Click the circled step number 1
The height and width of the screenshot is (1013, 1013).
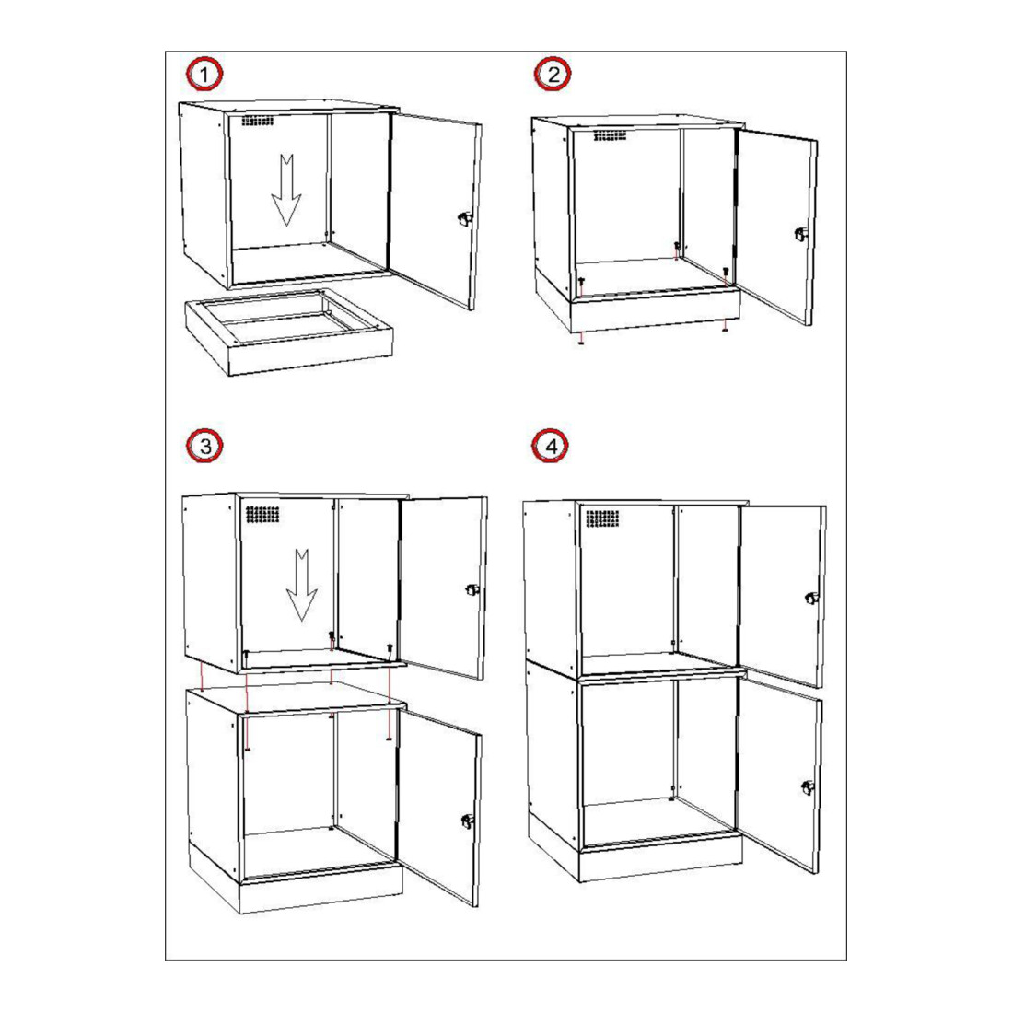pyautogui.click(x=204, y=75)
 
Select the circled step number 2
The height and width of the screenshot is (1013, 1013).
pyautogui.click(x=553, y=75)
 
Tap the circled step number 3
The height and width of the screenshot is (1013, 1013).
pyautogui.click(x=204, y=446)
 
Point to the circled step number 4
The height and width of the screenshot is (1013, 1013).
pyautogui.click(x=551, y=446)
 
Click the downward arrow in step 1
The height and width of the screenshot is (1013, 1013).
pyautogui.click(x=286, y=190)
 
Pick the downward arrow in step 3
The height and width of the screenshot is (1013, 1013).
pyautogui.click(x=302, y=586)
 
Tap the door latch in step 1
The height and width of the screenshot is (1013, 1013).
pyautogui.click(x=464, y=219)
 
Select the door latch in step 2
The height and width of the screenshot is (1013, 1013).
pyautogui.click(x=801, y=235)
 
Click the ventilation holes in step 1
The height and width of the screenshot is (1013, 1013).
pyautogui.click(x=258, y=121)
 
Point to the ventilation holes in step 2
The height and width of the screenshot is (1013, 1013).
pyautogui.click(x=610, y=135)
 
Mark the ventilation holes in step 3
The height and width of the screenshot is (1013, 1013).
pyautogui.click(x=262, y=515)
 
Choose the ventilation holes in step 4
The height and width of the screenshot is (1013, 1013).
pyautogui.click(x=602, y=518)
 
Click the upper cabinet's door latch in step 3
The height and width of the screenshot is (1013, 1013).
pyautogui.click(x=473, y=589)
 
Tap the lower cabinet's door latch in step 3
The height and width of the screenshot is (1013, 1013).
pyautogui.click(x=467, y=821)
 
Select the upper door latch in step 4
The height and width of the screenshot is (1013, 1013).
pyautogui.click(x=811, y=599)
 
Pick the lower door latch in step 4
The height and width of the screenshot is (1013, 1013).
pyautogui.click(x=809, y=788)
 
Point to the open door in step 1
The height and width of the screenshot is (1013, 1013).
pyautogui.click(x=436, y=211)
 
